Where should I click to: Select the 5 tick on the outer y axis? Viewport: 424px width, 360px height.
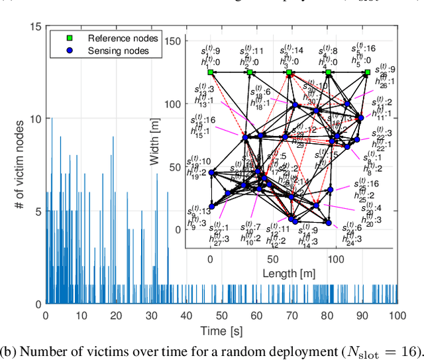tap(38, 211)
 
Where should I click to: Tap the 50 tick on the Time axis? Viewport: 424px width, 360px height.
tap(221, 316)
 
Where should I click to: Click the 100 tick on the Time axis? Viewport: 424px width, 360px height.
tap(397, 316)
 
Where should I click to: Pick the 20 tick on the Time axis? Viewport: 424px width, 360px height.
tap(116, 316)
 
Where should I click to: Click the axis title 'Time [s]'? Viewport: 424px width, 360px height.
tap(221, 330)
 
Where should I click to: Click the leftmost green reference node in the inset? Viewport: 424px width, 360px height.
tap(211, 72)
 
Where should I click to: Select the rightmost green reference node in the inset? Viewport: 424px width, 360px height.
tap(368, 72)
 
